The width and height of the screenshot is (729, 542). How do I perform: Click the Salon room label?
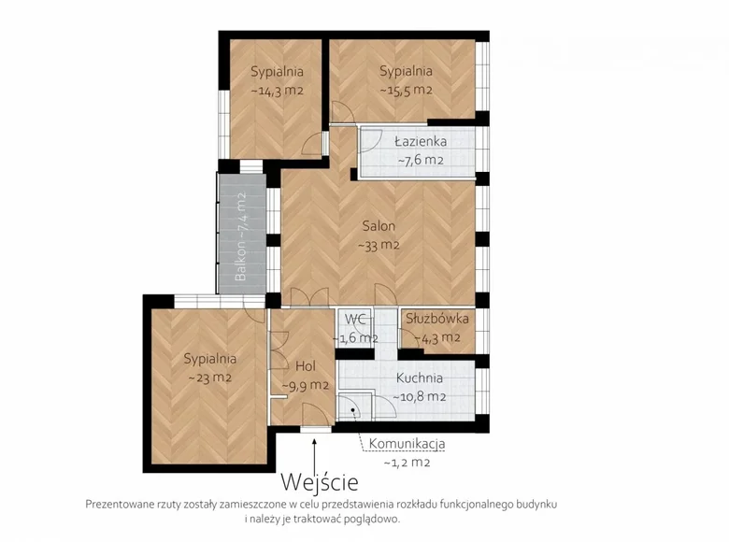(379, 226)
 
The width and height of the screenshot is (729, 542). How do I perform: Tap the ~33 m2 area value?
(379, 245)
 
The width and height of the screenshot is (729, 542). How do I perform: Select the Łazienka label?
(421, 141)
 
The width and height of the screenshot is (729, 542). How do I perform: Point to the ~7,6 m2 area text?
(421, 160)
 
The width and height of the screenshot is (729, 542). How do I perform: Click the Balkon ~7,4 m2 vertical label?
(240, 236)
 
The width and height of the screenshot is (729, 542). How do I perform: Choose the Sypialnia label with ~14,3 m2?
(277, 72)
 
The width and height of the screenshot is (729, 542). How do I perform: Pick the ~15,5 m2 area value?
(406, 90)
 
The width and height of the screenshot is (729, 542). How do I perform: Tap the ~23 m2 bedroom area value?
(209, 378)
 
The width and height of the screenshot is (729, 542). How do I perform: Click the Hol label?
(306, 365)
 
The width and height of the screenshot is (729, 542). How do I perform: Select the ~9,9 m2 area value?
(306, 385)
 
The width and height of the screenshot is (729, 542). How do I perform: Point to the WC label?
(355, 319)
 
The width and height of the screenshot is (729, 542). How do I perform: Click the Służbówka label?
(437, 319)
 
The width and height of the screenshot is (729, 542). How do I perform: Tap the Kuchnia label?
(419, 378)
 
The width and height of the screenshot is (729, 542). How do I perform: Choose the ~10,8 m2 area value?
(420, 397)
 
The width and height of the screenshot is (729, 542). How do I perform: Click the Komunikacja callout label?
(407, 444)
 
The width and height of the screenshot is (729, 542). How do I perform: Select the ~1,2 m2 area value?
(407, 463)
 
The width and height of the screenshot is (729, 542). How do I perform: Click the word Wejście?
(320, 482)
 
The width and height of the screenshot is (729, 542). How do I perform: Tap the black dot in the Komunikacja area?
(353, 410)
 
